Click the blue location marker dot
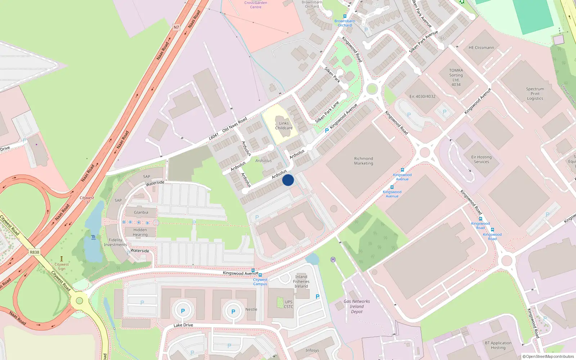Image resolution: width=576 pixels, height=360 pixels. pyautogui.click(x=288, y=180)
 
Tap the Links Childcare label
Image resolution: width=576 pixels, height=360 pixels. pyautogui.click(x=284, y=126)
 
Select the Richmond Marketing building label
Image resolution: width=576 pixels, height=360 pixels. pyautogui.click(x=364, y=161)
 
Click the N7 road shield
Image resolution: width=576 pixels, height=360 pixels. pyautogui.click(x=176, y=27)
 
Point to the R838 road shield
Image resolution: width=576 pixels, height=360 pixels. pyautogui.click(x=35, y=252)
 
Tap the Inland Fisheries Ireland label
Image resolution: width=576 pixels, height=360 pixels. pyautogui.click(x=301, y=282)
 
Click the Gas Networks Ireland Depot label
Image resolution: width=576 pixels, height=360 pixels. pyautogui.click(x=357, y=306)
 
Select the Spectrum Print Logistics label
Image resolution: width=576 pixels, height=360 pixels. pyautogui.click(x=535, y=94)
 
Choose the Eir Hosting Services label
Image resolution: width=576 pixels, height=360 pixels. pyautogui.click(x=481, y=159)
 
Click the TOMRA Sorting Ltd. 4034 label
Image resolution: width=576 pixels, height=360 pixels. pyautogui.click(x=456, y=77)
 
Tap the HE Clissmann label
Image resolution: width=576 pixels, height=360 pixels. pyautogui.click(x=481, y=48)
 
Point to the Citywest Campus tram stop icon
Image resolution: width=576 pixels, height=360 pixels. pyautogui.click(x=260, y=275)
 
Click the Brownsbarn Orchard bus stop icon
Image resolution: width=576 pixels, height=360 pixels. pyautogui.click(x=345, y=16)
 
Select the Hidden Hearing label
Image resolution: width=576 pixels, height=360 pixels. pyautogui.click(x=140, y=232)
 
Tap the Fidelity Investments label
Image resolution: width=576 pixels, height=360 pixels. pyautogui.click(x=116, y=242)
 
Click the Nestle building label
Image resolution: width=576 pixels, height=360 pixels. pyautogui.click(x=251, y=309)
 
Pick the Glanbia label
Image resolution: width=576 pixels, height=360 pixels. pyautogui.click(x=141, y=212)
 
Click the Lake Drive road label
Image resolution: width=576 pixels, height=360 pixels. pyautogui.click(x=183, y=325)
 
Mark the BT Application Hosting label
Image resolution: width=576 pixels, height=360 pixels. pyautogui.click(x=498, y=345)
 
